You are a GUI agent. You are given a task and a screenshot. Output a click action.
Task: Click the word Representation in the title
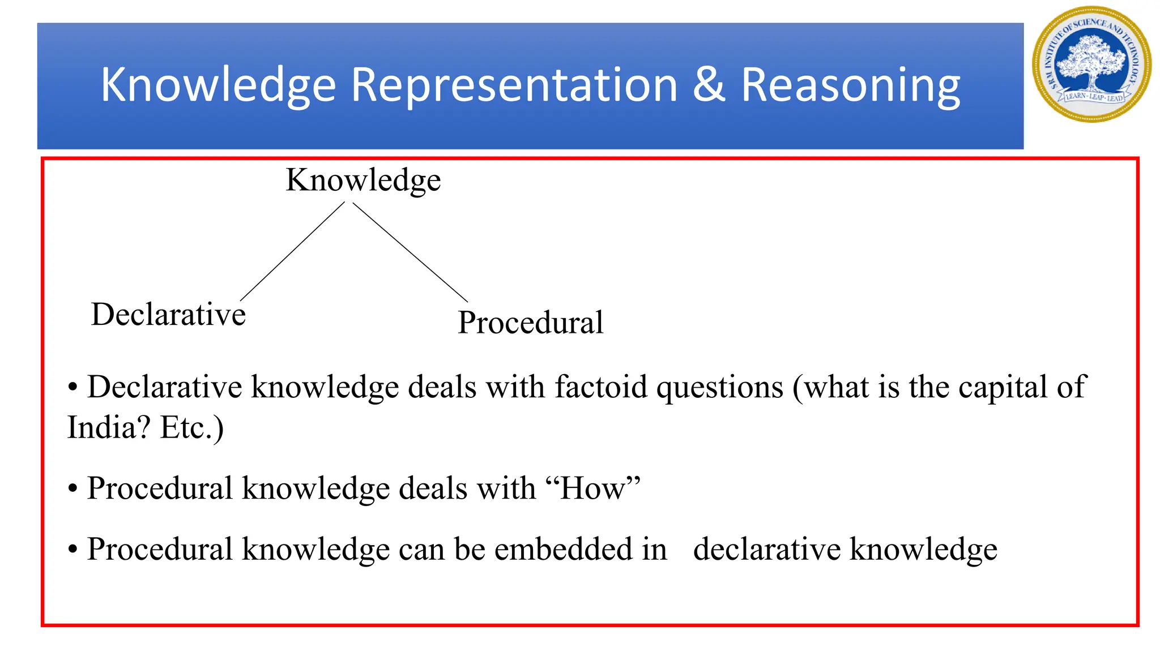(x=514, y=85)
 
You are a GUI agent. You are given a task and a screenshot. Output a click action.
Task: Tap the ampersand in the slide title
(x=709, y=85)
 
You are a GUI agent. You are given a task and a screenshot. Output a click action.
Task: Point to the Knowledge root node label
(x=363, y=181)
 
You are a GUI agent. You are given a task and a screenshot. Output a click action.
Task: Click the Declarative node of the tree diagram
(x=168, y=315)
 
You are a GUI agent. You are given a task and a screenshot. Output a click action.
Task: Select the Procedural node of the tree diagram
(x=530, y=323)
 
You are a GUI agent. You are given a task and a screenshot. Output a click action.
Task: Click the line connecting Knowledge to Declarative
(x=292, y=251)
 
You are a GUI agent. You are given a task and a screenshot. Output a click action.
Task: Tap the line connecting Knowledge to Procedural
(x=410, y=252)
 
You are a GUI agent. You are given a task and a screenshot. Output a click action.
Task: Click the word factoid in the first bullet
(x=600, y=388)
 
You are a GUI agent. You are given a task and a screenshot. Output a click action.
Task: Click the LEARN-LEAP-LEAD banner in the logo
(x=1093, y=97)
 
